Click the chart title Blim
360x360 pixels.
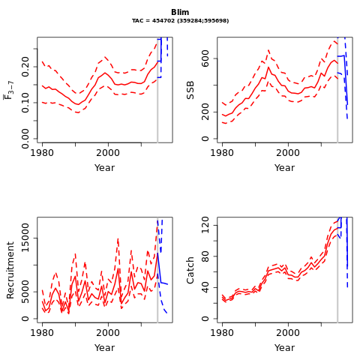180,12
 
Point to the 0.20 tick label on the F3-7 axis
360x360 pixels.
25,67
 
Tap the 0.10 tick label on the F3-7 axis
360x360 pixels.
25,103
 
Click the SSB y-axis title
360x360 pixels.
190,90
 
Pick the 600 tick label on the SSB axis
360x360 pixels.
205,58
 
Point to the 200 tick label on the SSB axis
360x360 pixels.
205,112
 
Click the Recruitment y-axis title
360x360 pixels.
10,270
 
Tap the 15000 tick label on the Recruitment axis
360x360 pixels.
25,238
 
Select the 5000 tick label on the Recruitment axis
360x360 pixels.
25,292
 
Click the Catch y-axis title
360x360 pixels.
190,270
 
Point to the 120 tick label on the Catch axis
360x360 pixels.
205,225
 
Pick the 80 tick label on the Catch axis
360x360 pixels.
205,256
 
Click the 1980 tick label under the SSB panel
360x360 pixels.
222,153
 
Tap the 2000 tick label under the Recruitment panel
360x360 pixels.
108,333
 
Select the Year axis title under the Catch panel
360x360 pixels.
284,348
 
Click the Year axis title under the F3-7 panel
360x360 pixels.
104,168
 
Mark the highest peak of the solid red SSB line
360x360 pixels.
268,67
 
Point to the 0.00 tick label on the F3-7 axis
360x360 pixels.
25,139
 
